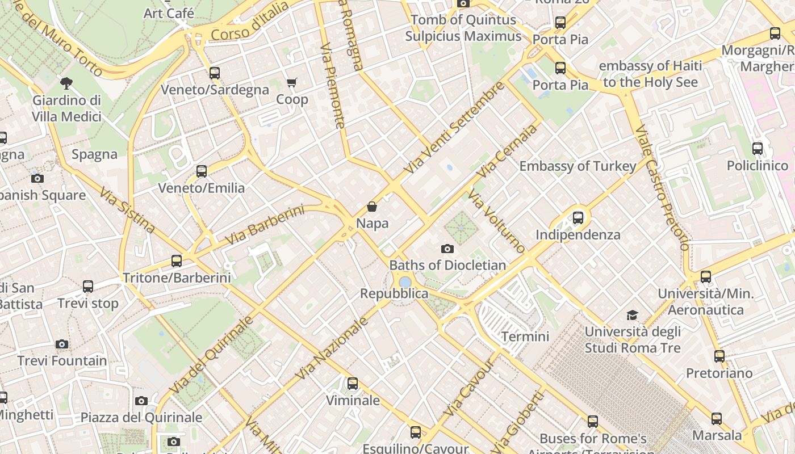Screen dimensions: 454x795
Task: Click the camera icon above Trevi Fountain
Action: pos(62,344)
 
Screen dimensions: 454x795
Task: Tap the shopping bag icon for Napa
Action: pos(372,207)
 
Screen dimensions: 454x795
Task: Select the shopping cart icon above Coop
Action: pos(292,83)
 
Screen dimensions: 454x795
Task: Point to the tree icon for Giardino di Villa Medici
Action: pos(66,83)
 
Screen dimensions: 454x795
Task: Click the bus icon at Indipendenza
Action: pos(578,217)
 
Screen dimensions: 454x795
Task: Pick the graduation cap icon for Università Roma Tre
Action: pos(632,315)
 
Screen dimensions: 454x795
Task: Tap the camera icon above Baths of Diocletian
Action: pos(447,249)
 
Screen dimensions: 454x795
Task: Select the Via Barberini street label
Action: pos(265,225)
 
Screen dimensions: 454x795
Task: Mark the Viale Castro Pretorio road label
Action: pos(662,187)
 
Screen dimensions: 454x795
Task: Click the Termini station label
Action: pos(525,337)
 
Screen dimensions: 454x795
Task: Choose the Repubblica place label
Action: pos(394,293)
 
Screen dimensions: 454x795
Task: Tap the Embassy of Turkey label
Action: pos(578,166)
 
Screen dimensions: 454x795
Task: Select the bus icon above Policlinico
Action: pos(758,149)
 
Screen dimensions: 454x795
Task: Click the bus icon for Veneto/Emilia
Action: pos(202,171)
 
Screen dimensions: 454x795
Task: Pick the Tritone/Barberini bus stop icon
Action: pos(177,261)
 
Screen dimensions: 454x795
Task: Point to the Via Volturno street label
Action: pos(496,222)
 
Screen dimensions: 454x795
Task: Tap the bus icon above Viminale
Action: pos(353,384)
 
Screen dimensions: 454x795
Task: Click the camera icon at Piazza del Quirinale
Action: pos(141,401)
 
